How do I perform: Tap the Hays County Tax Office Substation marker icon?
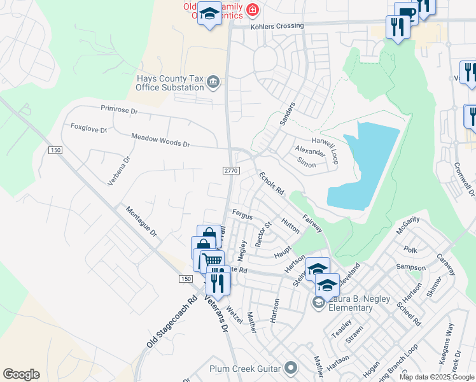click(213, 81)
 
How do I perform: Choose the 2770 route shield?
click(230, 171)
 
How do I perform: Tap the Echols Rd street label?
click(271, 184)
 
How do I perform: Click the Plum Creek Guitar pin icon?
click(291, 368)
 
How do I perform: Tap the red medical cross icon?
click(253, 10)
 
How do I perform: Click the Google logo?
click(21, 374)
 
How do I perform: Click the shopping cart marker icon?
click(213, 260)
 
